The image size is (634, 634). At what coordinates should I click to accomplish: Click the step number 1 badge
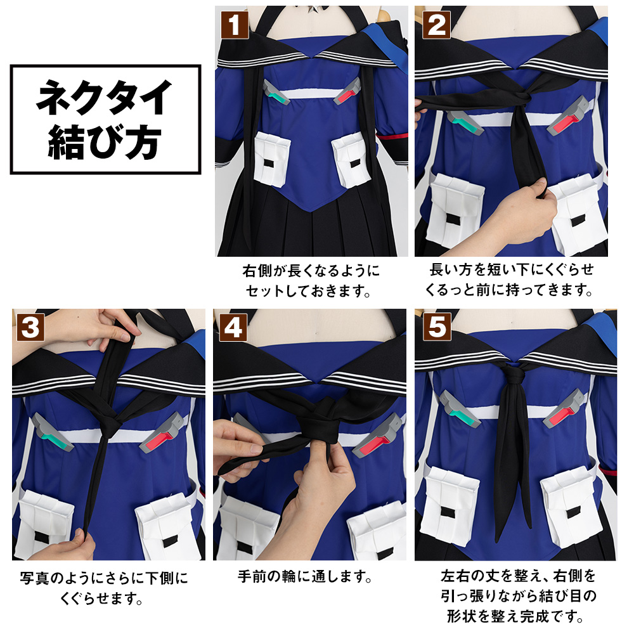click(x=235, y=25)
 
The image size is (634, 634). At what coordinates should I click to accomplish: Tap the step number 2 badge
click(x=436, y=25)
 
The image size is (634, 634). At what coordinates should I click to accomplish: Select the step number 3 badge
click(x=30, y=327)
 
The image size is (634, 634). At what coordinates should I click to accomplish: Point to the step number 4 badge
click(x=233, y=327)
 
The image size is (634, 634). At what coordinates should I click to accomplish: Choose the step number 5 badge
click(x=437, y=327)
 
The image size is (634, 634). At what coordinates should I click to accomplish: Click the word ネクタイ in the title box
click(x=105, y=97)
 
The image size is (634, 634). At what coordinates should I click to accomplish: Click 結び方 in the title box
click(x=105, y=142)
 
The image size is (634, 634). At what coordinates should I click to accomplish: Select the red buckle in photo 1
click(x=347, y=93)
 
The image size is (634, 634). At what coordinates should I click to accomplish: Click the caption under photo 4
click(x=304, y=577)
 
